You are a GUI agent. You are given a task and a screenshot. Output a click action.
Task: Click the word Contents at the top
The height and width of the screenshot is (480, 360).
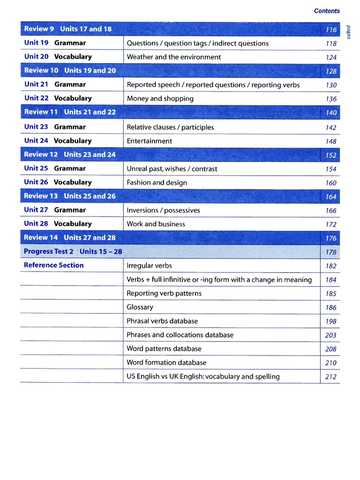click(x=327, y=11)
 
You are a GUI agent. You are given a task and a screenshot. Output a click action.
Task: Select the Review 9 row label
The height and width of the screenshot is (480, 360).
click(x=39, y=29)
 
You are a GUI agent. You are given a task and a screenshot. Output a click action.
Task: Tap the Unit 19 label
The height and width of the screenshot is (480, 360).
click(x=36, y=43)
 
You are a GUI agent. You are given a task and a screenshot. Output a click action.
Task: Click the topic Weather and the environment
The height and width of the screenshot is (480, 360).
click(x=173, y=57)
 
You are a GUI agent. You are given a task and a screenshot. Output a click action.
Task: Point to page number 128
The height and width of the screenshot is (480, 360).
click(x=331, y=71)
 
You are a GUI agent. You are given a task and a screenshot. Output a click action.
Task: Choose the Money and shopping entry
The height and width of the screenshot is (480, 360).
click(x=160, y=99)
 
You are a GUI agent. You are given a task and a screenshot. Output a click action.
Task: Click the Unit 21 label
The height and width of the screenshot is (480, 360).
click(x=36, y=84)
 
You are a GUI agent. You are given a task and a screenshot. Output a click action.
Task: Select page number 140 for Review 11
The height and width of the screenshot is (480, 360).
click(x=331, y=113)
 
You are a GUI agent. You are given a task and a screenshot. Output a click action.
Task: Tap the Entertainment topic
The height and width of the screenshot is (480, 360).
click(x=149, y=141)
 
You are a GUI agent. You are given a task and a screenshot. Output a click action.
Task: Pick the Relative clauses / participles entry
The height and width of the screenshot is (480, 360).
click(x=170, y=127)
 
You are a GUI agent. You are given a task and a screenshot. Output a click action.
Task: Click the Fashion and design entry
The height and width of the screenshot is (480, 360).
click(x=157, y=183)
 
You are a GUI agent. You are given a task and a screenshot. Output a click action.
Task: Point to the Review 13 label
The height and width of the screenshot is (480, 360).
click(x=41, y=196)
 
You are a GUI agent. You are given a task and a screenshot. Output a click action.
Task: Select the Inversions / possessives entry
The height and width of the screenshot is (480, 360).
click(x=163, y=210)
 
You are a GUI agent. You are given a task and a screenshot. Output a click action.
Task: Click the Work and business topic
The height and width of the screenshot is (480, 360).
click(x=156, y=224)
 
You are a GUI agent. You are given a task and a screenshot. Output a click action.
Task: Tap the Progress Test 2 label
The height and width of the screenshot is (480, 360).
click(x=48, y=251)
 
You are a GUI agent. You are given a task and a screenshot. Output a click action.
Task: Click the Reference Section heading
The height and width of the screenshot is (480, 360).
click(x=54, y=265)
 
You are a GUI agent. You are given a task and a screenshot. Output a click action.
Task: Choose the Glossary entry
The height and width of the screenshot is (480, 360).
click(x=140, y=307)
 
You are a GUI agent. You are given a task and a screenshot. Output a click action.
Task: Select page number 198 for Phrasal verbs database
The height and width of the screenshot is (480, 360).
click(x=331, y=322)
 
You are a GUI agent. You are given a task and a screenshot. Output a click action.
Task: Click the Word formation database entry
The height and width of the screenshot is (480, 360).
click(x=166, y=363)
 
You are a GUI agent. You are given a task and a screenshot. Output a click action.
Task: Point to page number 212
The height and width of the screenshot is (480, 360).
click(x=331, y=377)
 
